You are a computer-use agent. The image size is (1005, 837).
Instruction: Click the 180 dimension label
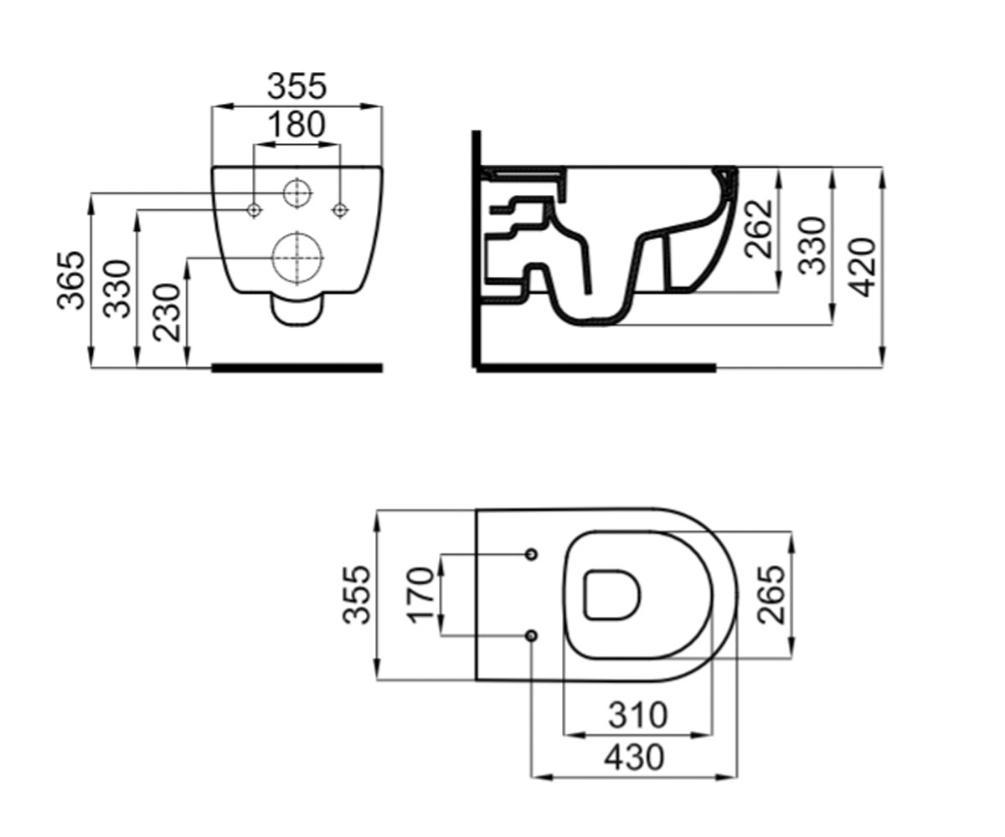coord(296,124)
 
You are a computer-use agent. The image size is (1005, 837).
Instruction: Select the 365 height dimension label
coord(71,280)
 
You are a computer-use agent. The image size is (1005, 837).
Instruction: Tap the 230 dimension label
coord(167,312)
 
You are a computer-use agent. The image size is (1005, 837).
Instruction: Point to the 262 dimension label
coord(758,229)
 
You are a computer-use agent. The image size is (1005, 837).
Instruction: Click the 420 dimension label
coord(862,268)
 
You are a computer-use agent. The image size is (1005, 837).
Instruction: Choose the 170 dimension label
coord(421,595)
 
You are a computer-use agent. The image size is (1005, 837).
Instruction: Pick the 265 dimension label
coord(771,594)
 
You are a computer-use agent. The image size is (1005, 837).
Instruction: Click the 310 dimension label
coord(638,715)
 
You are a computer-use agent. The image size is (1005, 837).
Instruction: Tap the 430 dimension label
coord(634,757)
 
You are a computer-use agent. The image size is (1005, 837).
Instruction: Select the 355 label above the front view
coord(297,86)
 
